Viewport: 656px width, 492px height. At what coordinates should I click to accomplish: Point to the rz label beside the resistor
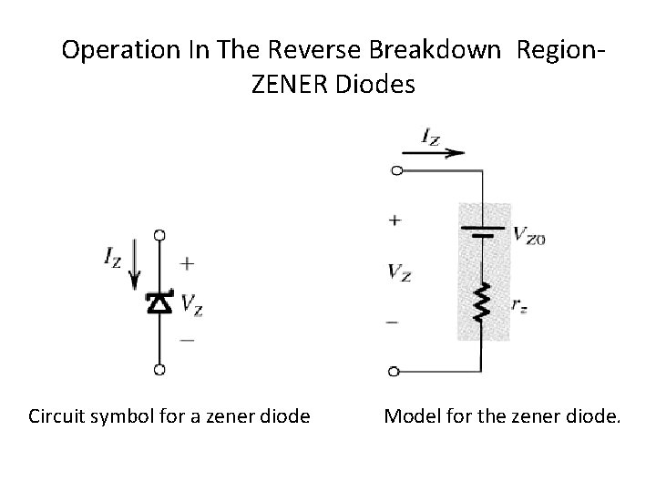(x=518, y=307)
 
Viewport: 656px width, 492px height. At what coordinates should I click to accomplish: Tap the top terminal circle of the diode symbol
(x=159, y=235)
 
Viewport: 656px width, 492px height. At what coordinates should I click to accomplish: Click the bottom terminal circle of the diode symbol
(x=159, y=370)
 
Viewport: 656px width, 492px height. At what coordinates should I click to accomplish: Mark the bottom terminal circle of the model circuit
(x=395, y=371)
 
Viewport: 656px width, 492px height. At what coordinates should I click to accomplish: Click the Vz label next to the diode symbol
(x=191, y=304)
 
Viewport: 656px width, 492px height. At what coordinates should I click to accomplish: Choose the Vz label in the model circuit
(x=398, y=272)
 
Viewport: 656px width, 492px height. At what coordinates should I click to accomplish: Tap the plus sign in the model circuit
(x=395, y=220)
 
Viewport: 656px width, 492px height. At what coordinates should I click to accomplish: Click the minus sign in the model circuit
(x=394, y=322)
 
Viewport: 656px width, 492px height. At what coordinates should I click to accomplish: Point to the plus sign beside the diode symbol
(x=187, y=264)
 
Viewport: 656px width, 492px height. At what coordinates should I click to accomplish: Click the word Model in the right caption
(x=409, y=417)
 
